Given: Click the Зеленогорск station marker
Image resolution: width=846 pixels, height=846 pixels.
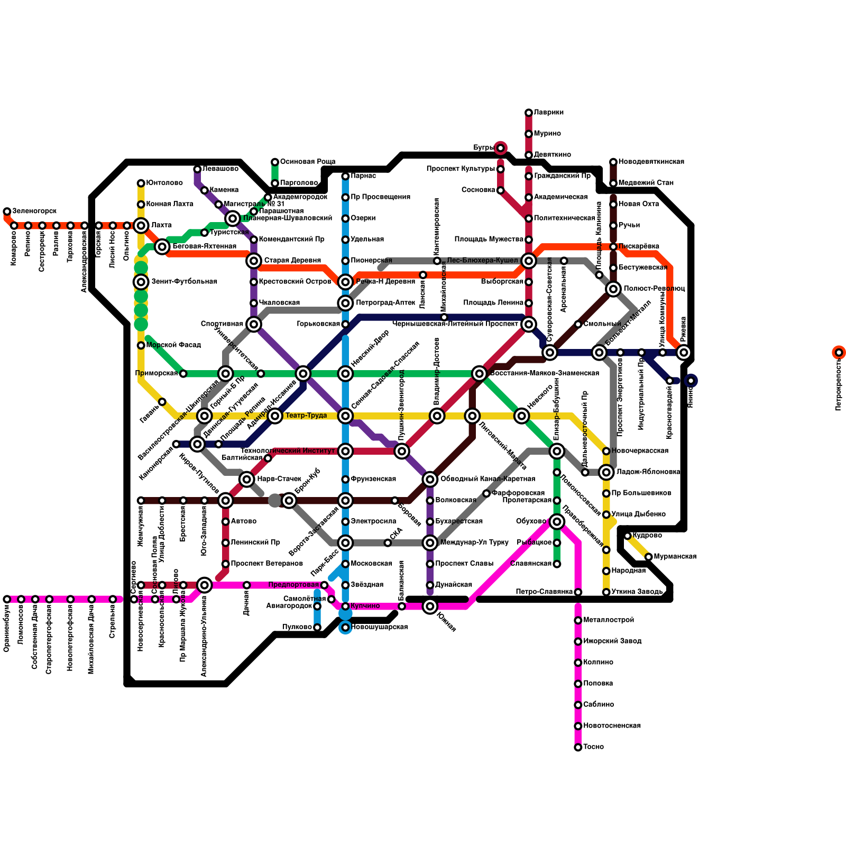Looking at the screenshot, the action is point(7,212).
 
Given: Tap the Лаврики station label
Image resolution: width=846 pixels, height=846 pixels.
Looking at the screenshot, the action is point(548,113).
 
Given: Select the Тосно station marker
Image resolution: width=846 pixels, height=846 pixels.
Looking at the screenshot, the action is point(578,747).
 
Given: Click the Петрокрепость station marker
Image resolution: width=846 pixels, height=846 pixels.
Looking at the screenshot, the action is point(839,352).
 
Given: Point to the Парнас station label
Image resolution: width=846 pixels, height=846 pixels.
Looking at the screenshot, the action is point(363,176).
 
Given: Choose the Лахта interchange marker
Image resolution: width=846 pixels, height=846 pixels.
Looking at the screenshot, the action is point(141,226).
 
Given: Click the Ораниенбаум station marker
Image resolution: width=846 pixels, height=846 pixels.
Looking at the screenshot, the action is point(7,599).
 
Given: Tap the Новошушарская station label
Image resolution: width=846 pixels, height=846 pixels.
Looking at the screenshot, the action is point(379,627).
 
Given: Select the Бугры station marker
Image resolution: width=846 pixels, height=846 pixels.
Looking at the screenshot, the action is point(500,148).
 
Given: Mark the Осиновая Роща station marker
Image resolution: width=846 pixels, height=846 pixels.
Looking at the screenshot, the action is point(275,162).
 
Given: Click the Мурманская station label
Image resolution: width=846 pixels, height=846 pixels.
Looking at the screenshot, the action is point(675,557).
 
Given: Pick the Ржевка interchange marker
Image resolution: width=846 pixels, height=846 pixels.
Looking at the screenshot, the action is point(684,352).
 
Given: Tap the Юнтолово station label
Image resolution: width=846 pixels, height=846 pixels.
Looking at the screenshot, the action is point(164,183).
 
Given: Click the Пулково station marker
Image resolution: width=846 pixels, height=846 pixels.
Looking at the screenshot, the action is point(317,627).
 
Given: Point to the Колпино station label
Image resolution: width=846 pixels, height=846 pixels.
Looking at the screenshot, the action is point(598,663).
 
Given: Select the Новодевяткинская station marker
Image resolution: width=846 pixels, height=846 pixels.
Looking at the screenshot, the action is point(613,162).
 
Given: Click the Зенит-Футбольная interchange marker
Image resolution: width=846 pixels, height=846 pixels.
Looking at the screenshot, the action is point(141,282).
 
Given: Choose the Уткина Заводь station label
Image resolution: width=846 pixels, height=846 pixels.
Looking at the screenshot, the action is point(637,592).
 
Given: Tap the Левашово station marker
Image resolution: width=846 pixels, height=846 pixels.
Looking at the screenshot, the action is point(197,169).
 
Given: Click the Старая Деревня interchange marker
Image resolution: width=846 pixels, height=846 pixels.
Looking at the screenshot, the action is point(254,261).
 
